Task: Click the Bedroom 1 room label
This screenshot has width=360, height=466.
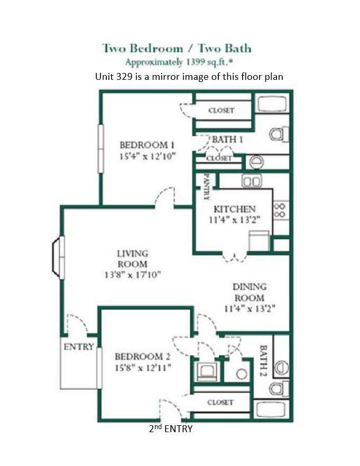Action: coord(147,145)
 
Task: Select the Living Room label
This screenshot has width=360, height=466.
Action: coord(132,259)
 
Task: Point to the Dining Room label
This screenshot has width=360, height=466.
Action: coord(250,292)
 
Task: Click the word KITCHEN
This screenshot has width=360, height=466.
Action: coord(235,209)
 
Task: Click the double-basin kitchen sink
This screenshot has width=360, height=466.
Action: coord(252,181)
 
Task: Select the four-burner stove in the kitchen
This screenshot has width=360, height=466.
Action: coord(281,210)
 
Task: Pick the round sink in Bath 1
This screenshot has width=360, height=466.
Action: coord(256,161)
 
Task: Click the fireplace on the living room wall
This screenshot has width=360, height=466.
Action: coord(57,256)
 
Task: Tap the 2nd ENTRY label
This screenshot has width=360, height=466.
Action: coord(171,429)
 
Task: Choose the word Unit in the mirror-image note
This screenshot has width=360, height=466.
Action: coord(104,76)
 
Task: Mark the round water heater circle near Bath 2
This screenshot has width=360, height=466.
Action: coord(242,373)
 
